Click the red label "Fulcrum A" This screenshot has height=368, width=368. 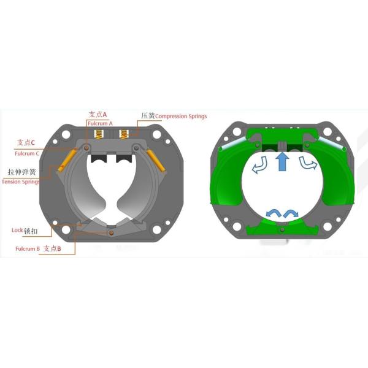pos(100,124)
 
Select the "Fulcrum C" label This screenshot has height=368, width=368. pos(29,153)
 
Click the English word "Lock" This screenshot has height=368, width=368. pos(17,230)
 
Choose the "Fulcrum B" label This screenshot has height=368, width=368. pos(28,249)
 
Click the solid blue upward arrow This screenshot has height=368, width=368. pos(282,163)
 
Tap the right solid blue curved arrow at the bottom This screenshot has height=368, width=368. pos(291,212)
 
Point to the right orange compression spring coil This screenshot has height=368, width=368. pos(124,134)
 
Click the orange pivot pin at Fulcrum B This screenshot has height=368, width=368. pos(110,232)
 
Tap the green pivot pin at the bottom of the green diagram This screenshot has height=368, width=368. pos(282,229)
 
